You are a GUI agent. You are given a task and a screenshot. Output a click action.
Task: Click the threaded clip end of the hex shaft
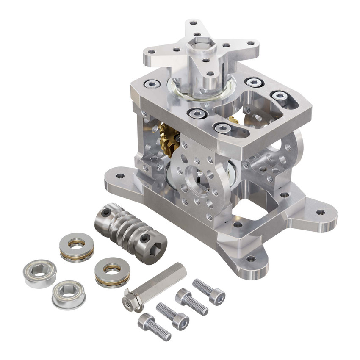pyautogui.click(x=128, y=302)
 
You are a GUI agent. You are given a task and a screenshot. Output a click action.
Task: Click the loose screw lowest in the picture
pyautogui.click(x=154, y=327)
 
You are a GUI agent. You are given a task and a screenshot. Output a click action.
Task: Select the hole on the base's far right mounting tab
pyautogui.click(x=320, y=212)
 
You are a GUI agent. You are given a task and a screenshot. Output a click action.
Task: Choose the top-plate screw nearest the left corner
pyautogui.click(x=152, y=84)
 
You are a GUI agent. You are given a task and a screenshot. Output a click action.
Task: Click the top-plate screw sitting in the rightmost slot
pyautogui.click(x=279, y=96)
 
